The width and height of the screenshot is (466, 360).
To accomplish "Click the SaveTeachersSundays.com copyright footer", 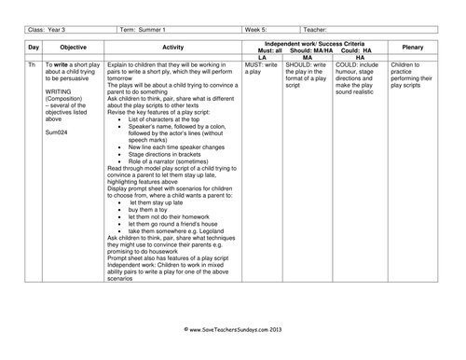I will click(x=233, y=355).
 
